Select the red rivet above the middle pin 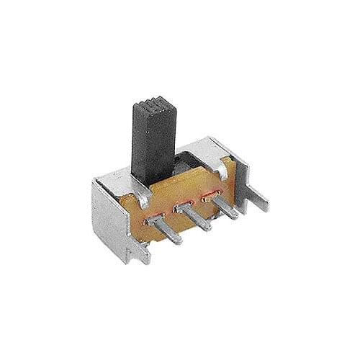[x=180, y=207]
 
